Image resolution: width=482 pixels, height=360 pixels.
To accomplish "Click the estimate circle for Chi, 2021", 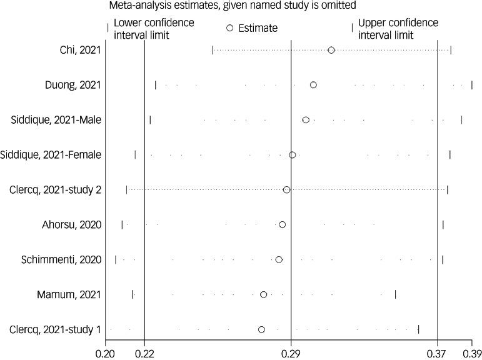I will [331, 50].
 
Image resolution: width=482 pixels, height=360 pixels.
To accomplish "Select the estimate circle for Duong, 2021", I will [313, 85].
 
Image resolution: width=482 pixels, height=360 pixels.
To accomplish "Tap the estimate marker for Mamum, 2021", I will [263, 294].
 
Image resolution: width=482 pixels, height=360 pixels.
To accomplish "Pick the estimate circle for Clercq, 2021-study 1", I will [261, 329].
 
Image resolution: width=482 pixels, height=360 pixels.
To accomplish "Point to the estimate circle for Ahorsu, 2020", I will [282, 224].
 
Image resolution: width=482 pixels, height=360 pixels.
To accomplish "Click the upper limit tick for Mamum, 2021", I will [396, 294].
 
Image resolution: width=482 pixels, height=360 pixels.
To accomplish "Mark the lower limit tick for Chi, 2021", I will [212, 50].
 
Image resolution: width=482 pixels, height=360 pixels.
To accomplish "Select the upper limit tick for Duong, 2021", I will [472, 85].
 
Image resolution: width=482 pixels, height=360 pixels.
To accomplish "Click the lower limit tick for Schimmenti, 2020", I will [116, 259].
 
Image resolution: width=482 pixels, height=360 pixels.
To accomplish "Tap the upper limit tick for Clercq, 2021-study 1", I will [418, 329].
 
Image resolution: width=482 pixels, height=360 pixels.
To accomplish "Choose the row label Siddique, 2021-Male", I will [57, 119].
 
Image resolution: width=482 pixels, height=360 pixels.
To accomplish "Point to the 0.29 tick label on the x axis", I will [291, 352].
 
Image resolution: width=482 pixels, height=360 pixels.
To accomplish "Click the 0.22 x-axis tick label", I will [144, 352].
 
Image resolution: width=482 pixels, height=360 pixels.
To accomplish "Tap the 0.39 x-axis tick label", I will [472, 352].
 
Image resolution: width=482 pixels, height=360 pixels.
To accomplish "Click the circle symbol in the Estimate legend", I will [229, 28].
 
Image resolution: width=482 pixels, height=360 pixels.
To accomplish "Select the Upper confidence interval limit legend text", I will [398, 29].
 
